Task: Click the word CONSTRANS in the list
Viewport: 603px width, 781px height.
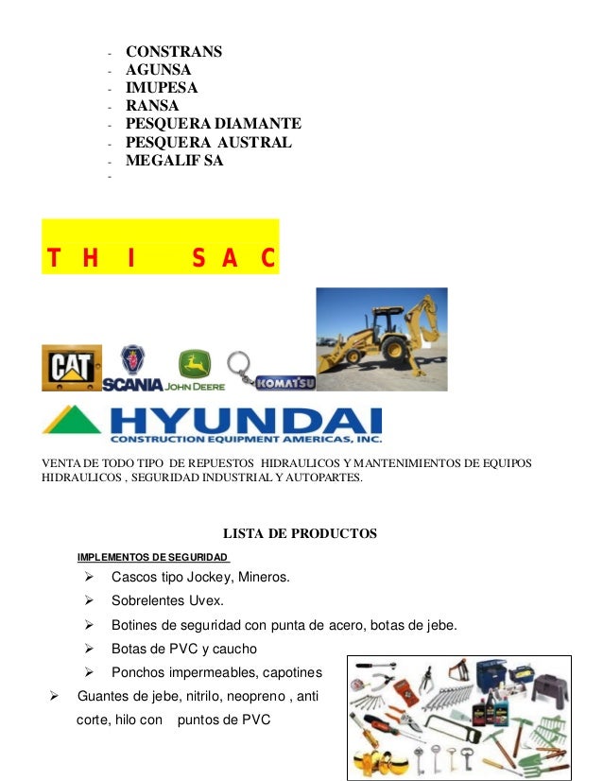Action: (x=174, y=51)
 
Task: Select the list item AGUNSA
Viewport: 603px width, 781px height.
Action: (x=158, y=69)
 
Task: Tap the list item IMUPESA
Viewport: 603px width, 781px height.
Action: (x=162, y=87)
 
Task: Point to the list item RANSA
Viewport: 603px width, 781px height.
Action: (x=151, y=105)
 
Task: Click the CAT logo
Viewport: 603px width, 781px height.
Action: (x=71, y=368)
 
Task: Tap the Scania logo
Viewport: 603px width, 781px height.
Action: (x=132, y=370)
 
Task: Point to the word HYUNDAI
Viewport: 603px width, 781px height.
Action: (x=246, y=421)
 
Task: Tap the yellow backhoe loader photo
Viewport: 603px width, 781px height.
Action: (x=381, y=339)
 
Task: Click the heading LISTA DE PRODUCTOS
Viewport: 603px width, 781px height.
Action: (x=300, y=534)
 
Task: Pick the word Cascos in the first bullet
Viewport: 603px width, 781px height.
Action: (x=136, y=577)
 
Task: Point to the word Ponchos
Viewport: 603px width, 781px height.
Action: (x=141, y=673)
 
